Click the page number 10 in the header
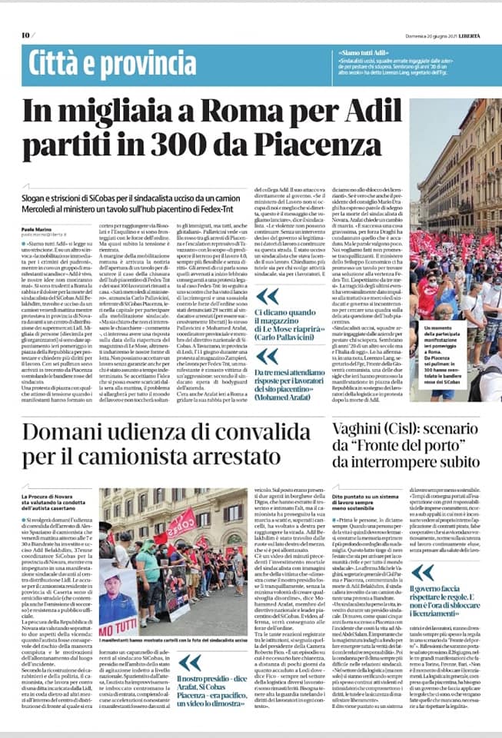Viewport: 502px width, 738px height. coord(25,35)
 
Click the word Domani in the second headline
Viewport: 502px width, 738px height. coord(71,434)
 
